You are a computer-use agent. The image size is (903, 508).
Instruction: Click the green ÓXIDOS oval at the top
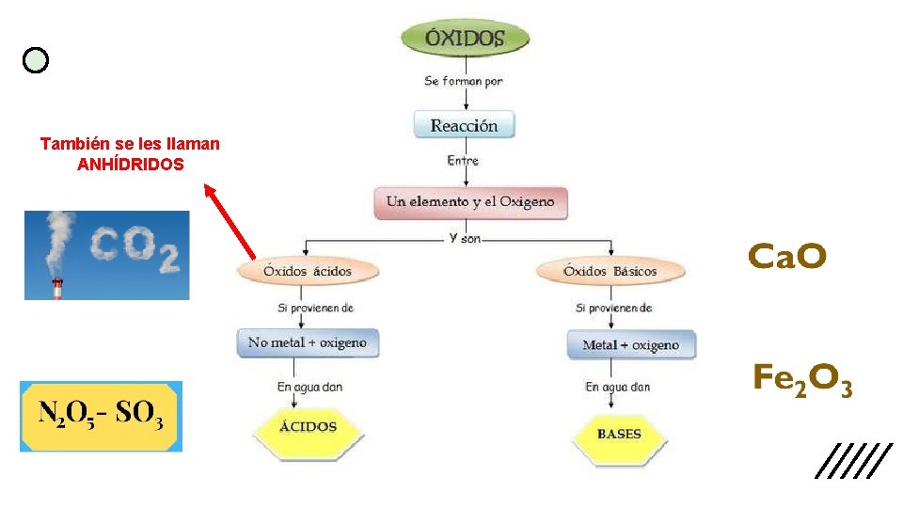465,39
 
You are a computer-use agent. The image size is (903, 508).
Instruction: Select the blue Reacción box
465,125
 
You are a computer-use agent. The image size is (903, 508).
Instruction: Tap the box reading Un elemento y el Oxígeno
470,201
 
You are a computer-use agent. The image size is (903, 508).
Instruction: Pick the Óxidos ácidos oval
308,271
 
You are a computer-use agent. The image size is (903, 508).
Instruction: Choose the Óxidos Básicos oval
610,271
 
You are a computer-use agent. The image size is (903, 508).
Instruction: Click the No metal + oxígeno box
307,342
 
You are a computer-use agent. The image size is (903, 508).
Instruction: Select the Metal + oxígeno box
630,344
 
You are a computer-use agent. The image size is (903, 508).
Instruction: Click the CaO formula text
787,255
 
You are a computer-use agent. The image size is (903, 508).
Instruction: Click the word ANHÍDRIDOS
131,163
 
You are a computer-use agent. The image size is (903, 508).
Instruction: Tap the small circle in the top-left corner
36,61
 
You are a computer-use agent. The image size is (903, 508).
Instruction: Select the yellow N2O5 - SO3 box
101,416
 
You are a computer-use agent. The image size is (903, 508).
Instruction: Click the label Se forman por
464,81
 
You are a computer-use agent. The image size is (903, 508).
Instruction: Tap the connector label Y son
465,238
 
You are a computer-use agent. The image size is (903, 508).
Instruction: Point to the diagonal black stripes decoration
853,460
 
